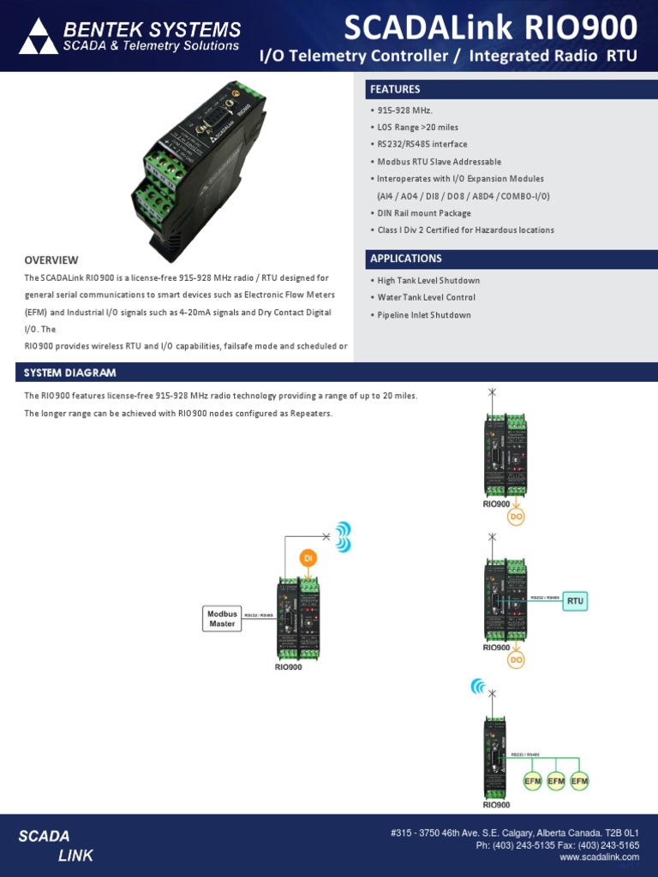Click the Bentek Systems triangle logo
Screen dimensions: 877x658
point(38,36)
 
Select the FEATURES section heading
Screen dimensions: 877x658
point(395,89)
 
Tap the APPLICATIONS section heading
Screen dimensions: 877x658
point(405,259)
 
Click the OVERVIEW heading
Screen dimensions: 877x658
point(51,260)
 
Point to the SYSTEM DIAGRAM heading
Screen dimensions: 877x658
point(70,373)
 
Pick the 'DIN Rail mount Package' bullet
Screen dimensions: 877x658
point(424,213)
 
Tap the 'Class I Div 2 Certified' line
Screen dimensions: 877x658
point(465,230)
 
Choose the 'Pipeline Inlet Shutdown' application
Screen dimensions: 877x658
point(424,315)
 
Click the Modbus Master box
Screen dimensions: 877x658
point(222,618)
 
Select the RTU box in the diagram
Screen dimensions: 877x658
point(575,601)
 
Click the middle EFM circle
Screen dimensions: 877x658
point(556,781)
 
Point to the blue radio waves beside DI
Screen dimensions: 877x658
point(343,537)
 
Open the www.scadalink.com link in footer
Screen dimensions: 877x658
point(599,856)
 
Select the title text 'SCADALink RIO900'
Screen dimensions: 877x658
point(490,28)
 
